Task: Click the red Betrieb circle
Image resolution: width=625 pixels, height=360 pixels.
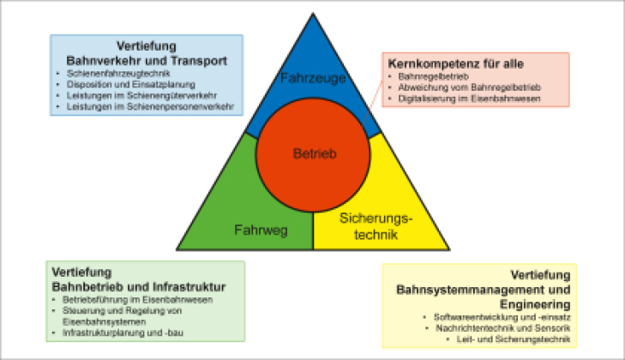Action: pyautogui.click(x=313, y=154)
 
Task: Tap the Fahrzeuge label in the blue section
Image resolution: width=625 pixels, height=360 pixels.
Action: pyautogui.click(x=313, y=78)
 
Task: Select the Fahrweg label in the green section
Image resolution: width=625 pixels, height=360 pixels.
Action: pyautogui.click(x=261, y=231)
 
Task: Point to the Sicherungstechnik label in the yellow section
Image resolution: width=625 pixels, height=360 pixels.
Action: pyautogui.click(x=376, y=226)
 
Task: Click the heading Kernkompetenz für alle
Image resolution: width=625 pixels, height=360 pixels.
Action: pyautogui.click(x=455, y=63)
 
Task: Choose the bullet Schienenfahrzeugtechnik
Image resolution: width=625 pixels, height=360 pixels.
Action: pyautogui.click(x=118, y=74)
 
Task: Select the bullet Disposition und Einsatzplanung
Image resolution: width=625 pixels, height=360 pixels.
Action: pyautogui.click(x=130, y=85)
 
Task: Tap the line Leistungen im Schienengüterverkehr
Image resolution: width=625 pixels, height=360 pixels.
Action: pyautogui.click(x=141, y=96)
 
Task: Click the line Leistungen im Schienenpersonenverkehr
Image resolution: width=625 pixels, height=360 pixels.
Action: pyautogui.click(x=150, y=107)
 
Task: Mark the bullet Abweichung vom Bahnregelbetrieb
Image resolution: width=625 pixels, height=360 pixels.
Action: pyautogui.click(x=469, y=87)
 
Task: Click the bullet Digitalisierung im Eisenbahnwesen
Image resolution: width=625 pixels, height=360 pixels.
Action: pyautogui.click(x=469, y=99)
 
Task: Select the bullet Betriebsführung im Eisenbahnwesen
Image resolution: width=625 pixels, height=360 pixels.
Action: pyautogui.click(x=137, y=300)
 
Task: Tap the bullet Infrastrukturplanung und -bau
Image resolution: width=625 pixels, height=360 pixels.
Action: pyautogui.click(x=123, y=333)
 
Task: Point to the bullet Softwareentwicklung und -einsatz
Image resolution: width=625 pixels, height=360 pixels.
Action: pyautogui.click(x=502, y=317)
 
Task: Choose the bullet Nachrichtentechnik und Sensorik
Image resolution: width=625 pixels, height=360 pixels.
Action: pyautogui.click(x=503, y=328)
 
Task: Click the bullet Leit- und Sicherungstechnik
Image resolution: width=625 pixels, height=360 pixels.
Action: pyautogui.click(x=514, y=339)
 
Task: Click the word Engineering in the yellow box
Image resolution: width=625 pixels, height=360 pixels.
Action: pyautogui.click(x=535, y=304)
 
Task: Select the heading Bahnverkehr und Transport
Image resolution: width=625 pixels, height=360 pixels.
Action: pyautogui.click(x=147, y=61)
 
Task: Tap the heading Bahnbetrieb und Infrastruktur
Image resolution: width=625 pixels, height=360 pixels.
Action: pyautogui.click(x=139, y=287)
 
